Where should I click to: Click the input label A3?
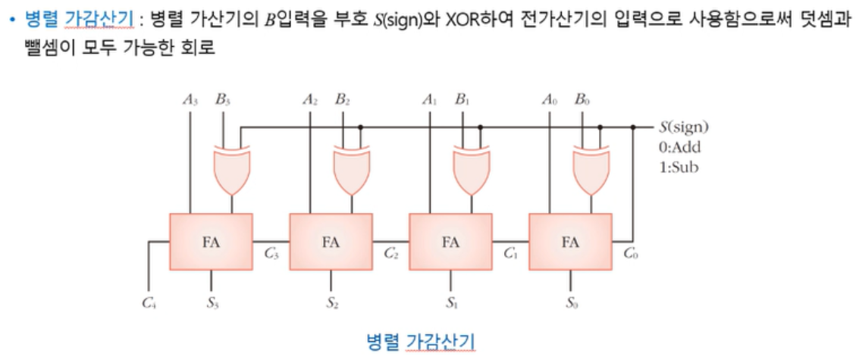pyautogui.click(x=190, y=99)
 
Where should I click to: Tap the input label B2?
pyautogui.click(x=342, y=99)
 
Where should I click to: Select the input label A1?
pyautogui.click(x=430, y=99)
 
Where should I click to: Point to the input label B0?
pyautogui.click(x=582, y=99)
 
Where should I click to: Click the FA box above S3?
pyautogui.click(x=211, y=243)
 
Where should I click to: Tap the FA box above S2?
pyautogui.click(x=331, y=243)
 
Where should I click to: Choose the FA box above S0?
pyautogui.click(x=570, y=243)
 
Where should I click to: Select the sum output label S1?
pyautogui.click(x=452, y=305)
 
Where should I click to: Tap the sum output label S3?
pyautogui.click(x=213, y=305)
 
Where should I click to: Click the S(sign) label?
pyautogui.click(x=685, y=127)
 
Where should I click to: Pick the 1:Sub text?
pyautogui.click(x=679, y=167)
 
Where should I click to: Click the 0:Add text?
pyautogui.click(x=680, y=147)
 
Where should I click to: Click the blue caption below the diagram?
pyautogui.click(x=421, y=340)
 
